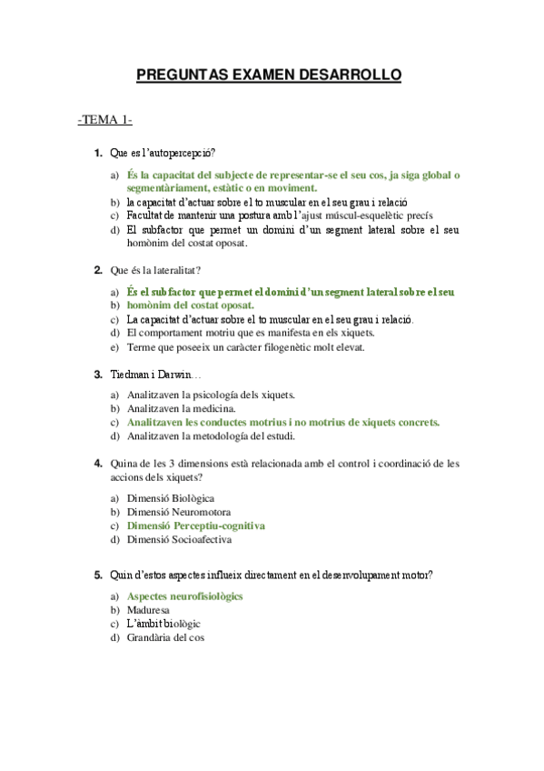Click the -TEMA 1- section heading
click(106, 119)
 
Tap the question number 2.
click(98, 270)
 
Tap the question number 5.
click(98, 575)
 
